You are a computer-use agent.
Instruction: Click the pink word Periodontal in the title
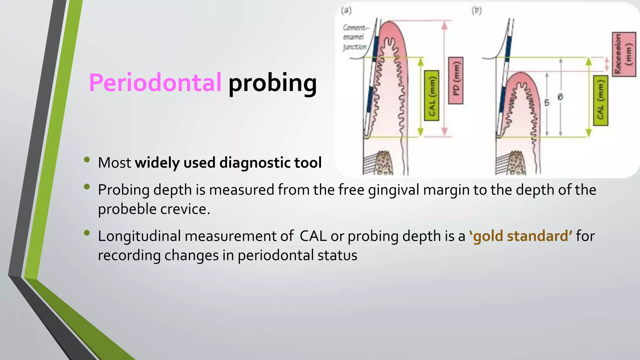pos(155,83)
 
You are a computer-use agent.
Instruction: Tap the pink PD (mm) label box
pos(456,81)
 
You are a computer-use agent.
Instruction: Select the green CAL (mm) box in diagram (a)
pos(432,96)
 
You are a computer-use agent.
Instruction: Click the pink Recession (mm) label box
pos(624,54)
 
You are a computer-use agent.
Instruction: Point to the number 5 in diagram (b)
pos(547,102)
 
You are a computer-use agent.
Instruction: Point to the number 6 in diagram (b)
pos(560,97)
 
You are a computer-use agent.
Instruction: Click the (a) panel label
pos(347,11)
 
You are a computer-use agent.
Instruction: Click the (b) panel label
pos(477,11)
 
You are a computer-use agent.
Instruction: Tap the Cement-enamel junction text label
pos(355,37)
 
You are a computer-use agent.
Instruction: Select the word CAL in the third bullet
pos(313,236)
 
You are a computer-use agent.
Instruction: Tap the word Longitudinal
pos(139,236)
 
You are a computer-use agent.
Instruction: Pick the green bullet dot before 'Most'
pos(87,160)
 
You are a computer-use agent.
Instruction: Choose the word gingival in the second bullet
pos(393,190)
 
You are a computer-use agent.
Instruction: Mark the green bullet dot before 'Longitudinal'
pos(87,233)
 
